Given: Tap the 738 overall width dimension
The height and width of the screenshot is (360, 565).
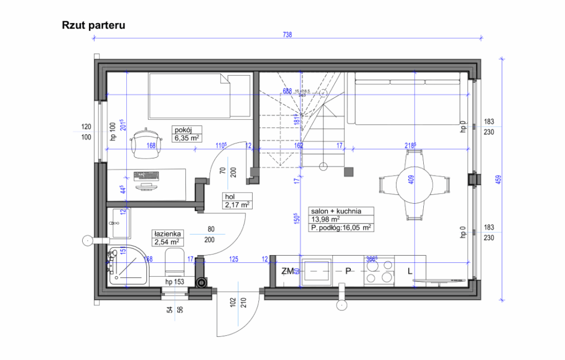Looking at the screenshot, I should point(287,35).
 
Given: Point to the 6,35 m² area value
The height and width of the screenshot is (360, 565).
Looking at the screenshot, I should point(187,138).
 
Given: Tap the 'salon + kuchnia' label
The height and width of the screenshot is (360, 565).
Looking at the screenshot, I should point(335,211).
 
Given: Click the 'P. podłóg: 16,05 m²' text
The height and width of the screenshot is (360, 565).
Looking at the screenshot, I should point(340,226).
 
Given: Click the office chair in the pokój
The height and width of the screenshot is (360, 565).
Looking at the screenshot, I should point(146,141).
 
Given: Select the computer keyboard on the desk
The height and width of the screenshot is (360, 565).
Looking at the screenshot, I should point(146,176).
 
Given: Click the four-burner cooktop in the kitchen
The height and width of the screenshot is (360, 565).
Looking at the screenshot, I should point(379,271).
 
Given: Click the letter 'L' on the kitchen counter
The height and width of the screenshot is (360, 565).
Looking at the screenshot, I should point(409,271).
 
